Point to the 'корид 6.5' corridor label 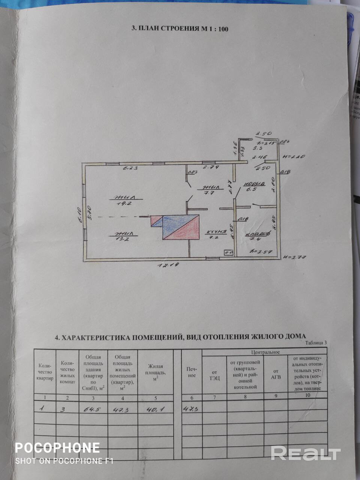tap(254, 186)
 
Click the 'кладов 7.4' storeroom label tap(258, 236)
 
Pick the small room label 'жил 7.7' tap(208, 190)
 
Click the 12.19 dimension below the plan tap(168, 265)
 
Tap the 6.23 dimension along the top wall tap(130, 168)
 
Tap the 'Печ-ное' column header tap(191, 372)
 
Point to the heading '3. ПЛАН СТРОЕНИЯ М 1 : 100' tap(180, 28)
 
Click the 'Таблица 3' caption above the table tap(316, 342)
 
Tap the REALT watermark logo tap(305, 453)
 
